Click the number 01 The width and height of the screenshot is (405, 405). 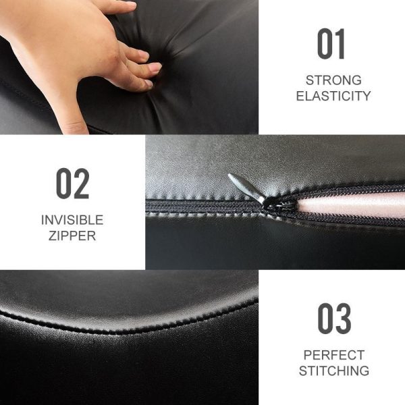point(331,44)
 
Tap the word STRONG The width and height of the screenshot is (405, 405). point(333,80)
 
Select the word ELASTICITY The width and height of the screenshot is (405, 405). point(333,96)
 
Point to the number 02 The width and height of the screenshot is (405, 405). point(73,184)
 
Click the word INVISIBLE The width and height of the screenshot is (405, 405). point(72,220)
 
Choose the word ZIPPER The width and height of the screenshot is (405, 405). point(72,236)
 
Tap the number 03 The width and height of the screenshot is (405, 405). point(334,319)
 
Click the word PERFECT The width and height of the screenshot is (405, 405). point(334,355)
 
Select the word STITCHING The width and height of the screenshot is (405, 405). point(334,371)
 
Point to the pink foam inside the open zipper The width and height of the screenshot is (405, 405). point(351,205)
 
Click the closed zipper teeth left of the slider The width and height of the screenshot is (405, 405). point(204,206)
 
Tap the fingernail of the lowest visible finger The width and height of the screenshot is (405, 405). point(148,83)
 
